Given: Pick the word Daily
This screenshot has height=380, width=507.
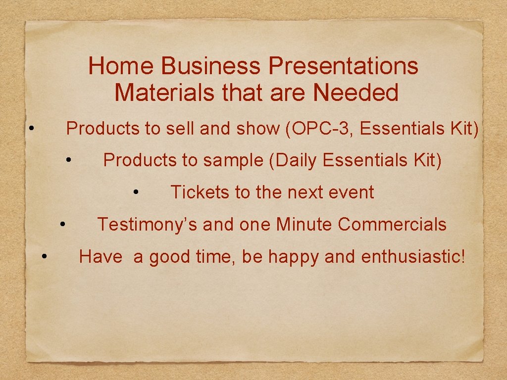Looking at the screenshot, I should (299, 160).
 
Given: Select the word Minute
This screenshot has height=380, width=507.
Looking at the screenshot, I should (304, 225).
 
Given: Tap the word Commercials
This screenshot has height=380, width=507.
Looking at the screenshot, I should (392, 225).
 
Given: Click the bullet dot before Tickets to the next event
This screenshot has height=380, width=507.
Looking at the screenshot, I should (137, 191).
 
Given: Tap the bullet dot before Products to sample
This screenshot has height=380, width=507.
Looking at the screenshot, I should (70, 159).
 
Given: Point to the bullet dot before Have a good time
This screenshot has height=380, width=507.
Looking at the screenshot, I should (45, 256).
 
